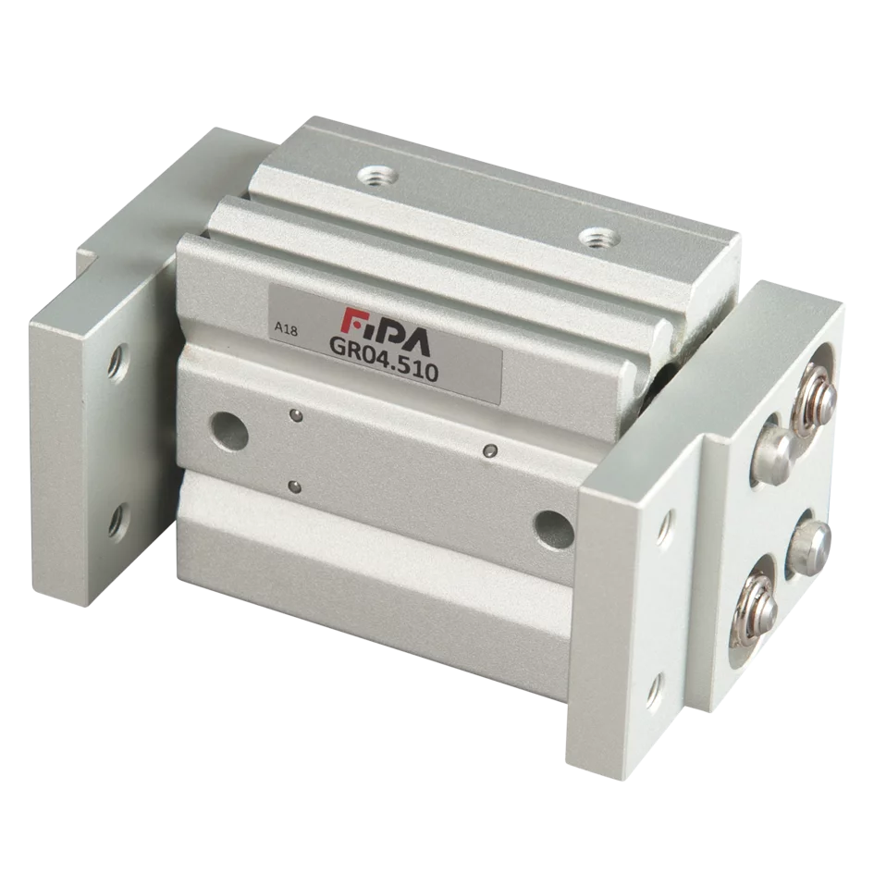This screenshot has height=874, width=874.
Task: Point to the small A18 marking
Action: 286,328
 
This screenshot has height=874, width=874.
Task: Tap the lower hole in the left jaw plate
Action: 117,523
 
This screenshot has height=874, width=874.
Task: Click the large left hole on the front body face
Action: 228,430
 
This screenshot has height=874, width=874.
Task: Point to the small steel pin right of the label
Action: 490,450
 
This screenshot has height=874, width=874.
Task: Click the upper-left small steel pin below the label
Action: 293,415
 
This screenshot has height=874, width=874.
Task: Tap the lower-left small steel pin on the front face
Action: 294,486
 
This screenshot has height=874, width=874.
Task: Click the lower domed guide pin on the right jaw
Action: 807,541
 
